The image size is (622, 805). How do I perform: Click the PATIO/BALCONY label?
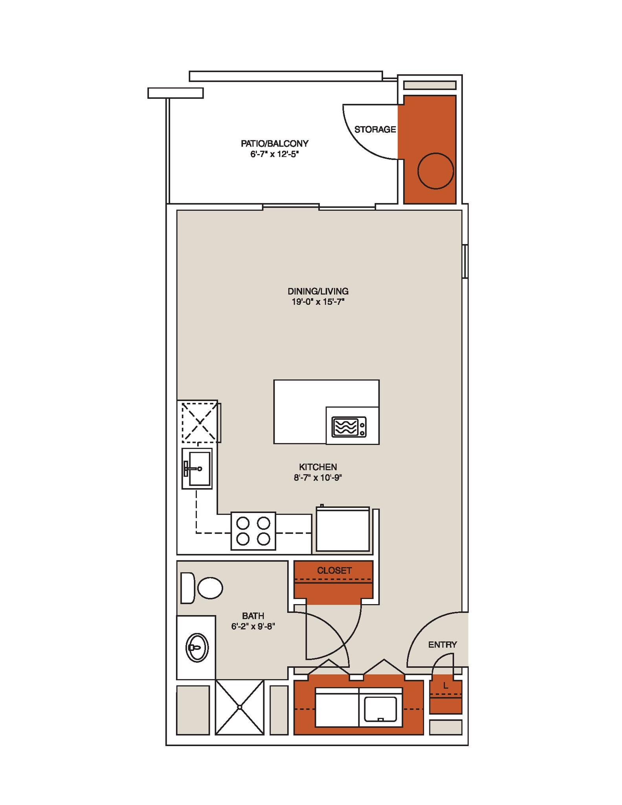tap(274, 143)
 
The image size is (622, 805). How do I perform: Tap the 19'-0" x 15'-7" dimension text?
tap(318, 302)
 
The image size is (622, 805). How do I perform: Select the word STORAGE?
tap(375, 129)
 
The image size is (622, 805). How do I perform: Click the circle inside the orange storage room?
tap(435, 171)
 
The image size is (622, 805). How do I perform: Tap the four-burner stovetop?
tap(253, 531)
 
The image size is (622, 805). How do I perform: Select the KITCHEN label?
tap(318, 467)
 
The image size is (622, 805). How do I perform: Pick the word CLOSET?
tap(334, 570)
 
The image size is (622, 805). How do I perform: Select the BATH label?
tap(253, 616)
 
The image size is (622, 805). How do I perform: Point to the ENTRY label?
tap(442, 645)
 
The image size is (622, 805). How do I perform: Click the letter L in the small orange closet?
tap(445, 686)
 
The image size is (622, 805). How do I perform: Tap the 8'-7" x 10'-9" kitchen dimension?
tap(318, 478)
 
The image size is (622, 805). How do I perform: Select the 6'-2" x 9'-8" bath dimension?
tap(253, 627)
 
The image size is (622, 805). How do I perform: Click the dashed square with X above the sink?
tap(200, 423)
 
